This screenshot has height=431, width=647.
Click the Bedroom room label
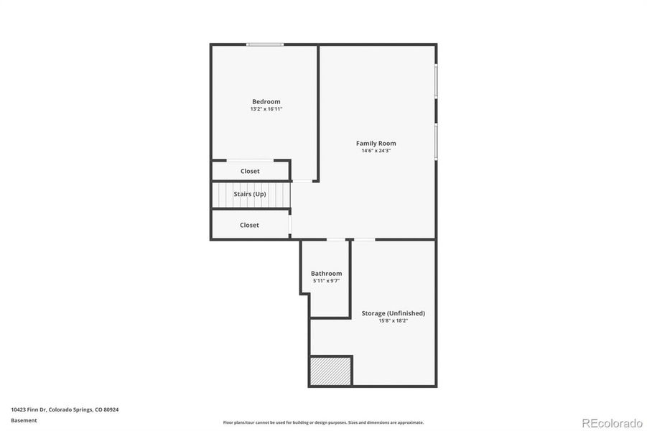(x=266, y=101)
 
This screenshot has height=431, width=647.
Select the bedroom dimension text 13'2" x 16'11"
(x=266, y=109)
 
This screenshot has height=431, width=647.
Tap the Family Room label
(x=376, y=143)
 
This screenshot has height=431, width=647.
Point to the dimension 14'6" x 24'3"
(x=376, y=151)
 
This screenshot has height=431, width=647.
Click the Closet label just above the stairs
(x=250, y=171)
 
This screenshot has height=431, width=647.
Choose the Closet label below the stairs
(x=249, y=225)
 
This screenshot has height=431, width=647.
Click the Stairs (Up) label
(x=250, y=194)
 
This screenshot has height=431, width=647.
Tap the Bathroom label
(x=326, y=273)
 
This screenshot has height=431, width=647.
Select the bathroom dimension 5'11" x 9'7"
(x=326, y=281)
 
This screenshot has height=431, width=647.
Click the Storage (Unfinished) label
(x=393, y=313)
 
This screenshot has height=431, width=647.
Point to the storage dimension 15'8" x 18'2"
(x=393, y=321)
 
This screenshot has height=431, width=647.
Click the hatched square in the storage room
(x=330, y=371)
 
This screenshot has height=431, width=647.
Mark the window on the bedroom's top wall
(x=265, y=45)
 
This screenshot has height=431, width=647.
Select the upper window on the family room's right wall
(x=436, y=81)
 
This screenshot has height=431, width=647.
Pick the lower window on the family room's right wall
(x=436, y=142)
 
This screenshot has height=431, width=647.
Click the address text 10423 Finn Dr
(x=65, y=409)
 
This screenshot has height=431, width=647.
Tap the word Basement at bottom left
(x=24, y=420)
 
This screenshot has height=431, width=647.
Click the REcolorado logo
(x=612, y=422)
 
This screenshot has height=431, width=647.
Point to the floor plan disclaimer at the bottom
(x=323, y=422)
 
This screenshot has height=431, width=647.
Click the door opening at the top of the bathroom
(x=335, y=239)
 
